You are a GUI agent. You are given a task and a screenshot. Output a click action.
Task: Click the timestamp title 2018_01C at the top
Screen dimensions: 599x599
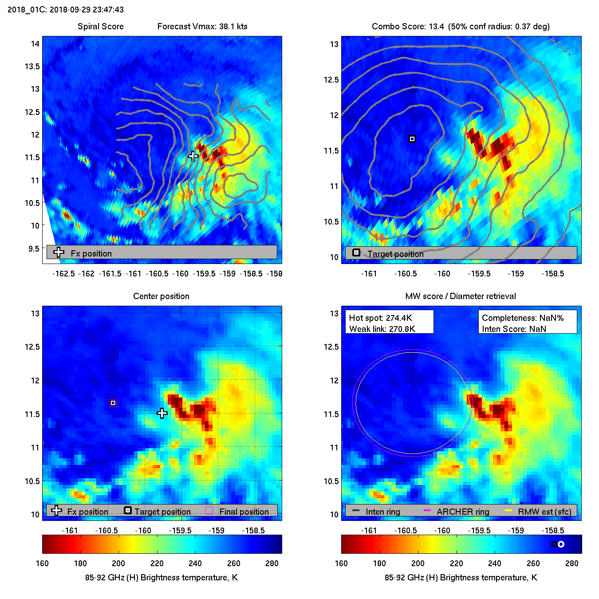click(x=66, y=9)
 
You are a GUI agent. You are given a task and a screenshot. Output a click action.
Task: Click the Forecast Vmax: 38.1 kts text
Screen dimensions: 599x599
click(x=202, y=26)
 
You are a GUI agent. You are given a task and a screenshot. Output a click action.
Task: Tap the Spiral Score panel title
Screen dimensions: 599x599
click(x=100, y=26)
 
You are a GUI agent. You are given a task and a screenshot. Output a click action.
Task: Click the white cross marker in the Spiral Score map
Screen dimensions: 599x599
click(x=193, y=156)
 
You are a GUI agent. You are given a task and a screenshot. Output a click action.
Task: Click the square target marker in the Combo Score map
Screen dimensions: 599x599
click(x=412, y=139)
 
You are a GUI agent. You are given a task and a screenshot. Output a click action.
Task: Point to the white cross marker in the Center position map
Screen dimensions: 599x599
click(x=162, y=413)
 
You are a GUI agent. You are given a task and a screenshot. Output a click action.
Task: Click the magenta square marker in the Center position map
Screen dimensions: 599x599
click(x=113, y=403)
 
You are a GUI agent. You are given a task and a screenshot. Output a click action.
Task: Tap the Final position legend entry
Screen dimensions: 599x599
click(x=244, y=512)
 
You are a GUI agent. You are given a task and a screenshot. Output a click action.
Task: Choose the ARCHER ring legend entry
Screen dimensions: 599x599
click(x=462, y=512)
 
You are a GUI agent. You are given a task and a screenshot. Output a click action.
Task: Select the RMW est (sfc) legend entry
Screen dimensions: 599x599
click(x=544, y=512)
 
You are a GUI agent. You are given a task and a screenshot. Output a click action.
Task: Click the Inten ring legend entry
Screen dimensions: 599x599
click(x=382, y=512)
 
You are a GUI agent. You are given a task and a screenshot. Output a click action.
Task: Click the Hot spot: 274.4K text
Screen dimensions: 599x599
click(x=380, y=318)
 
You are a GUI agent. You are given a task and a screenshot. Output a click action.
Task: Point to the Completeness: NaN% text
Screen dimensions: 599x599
click(x=523, y=318)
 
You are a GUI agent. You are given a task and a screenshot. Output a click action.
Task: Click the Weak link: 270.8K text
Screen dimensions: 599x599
click(x=382, y=329)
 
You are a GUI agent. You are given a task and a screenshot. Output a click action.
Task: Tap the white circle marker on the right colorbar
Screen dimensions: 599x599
click(x=561, y=544)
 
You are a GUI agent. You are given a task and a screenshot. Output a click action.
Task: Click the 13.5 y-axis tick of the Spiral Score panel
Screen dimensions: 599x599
click(x=32, y=66)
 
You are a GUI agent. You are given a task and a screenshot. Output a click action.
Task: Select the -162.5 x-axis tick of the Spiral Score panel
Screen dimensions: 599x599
click(x=63, y=273)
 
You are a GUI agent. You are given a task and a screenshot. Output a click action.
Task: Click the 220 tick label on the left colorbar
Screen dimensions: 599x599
click(x=157, y=563)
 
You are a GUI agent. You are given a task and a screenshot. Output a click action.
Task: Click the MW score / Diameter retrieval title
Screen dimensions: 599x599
click(x=461, y=296)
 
